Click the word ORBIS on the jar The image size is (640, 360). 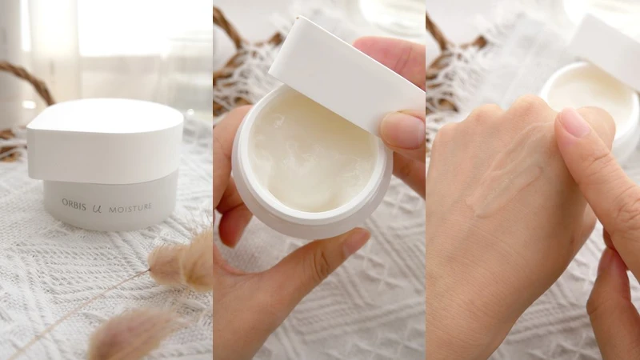point(74,204)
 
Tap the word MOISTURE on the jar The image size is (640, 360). point(130,208)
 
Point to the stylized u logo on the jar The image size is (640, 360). point(97,209)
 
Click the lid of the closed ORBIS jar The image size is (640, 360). point(106,140)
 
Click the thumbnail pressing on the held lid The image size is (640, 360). point(402,130)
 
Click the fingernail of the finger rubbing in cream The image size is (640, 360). point(574,122)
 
